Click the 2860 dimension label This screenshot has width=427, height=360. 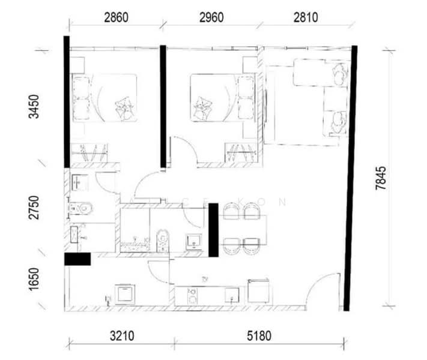[115, 17]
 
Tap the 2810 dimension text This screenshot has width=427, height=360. [305, 17]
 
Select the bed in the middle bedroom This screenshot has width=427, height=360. [215, 98]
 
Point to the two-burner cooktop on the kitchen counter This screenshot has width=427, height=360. [193, 295]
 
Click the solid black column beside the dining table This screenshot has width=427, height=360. [213, 230]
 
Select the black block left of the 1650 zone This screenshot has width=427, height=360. [77, 259]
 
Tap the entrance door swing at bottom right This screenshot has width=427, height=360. [322, 292]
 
